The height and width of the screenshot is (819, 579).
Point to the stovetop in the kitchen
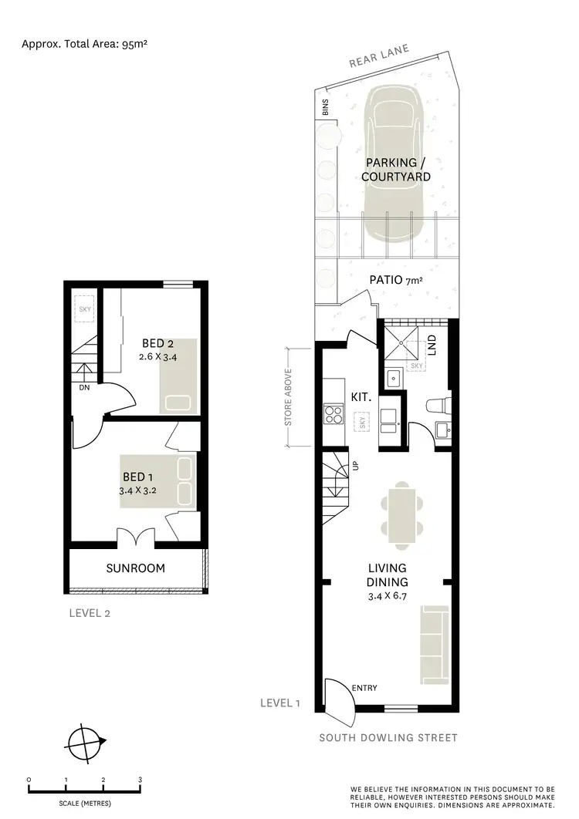point(334,416)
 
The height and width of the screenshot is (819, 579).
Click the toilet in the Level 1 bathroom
point(437,406)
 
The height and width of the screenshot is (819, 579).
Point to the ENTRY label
point(364,688)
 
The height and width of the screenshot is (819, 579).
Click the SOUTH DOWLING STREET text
point(388,738)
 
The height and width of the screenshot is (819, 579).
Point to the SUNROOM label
point(136,568)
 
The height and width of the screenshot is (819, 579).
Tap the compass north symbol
point(86,744)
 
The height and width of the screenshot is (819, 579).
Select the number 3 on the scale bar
point(140,780)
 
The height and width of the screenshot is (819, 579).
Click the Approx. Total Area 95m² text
point(84,44)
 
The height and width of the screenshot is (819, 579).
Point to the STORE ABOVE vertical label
point(288,396)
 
